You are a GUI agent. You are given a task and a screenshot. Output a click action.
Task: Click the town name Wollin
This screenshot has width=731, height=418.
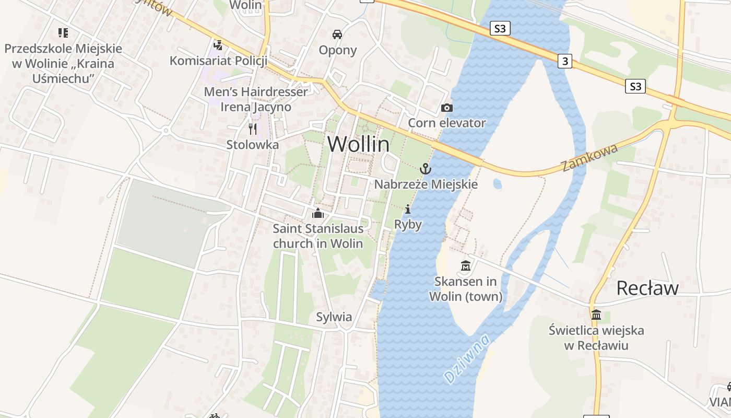(358, 144)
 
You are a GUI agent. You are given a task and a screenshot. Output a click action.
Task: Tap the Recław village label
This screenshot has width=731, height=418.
(647, 288)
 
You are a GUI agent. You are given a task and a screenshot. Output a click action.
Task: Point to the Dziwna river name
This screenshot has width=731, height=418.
(466, 359)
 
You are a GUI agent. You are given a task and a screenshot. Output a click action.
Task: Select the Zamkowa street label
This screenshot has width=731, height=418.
(590, 157)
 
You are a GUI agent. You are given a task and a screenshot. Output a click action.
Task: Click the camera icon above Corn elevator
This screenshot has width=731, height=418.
(447, 108)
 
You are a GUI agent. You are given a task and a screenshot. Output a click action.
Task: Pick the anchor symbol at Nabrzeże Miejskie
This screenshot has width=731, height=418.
(426, 169)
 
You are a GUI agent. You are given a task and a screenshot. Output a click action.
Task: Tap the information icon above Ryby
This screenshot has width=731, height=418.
(408, 210)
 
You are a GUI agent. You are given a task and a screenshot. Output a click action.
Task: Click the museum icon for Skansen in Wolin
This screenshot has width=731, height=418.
(466, 266)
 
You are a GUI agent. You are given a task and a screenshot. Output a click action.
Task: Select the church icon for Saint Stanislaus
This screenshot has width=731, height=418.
(317, 213)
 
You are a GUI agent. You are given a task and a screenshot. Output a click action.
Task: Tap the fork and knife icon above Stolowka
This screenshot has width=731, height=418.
(253, 129)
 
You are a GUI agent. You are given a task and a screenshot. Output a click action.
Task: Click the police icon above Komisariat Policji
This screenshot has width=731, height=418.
(218, 45)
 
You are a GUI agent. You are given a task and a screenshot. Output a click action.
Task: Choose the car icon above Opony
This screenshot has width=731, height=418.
(337, 34)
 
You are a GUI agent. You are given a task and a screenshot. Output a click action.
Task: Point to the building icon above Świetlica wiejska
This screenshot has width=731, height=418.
(596, 315)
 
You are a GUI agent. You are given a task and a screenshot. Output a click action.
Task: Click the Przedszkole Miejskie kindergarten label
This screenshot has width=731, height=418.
(63, 63)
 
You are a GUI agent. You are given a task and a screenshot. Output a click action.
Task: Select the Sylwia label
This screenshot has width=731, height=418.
(334, 317)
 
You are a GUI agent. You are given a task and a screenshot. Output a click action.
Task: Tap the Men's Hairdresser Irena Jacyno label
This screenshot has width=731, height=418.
(256, 99)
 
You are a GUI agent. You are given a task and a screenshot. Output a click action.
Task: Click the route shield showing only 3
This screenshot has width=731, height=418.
(564, 61)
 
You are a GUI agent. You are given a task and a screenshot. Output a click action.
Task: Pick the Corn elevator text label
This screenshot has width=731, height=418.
(447, 123)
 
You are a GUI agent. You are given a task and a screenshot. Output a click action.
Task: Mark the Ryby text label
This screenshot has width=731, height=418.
(408, 224)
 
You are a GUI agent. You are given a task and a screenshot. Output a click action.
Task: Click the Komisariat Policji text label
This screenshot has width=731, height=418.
(218, 61)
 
